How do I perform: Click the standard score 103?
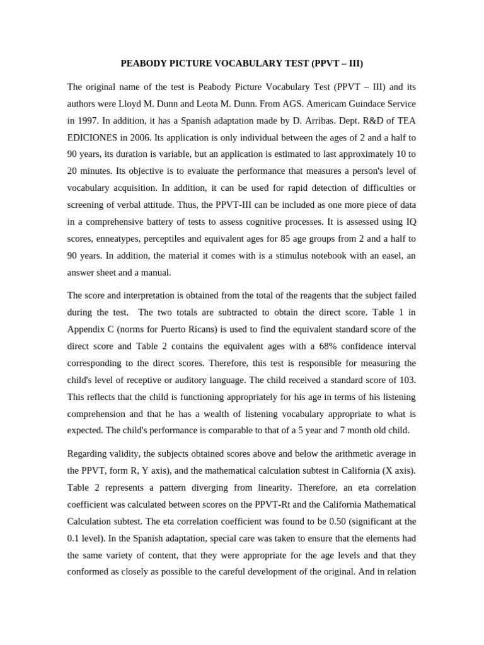(406, 380)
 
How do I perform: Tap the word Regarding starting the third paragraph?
(89, 454)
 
